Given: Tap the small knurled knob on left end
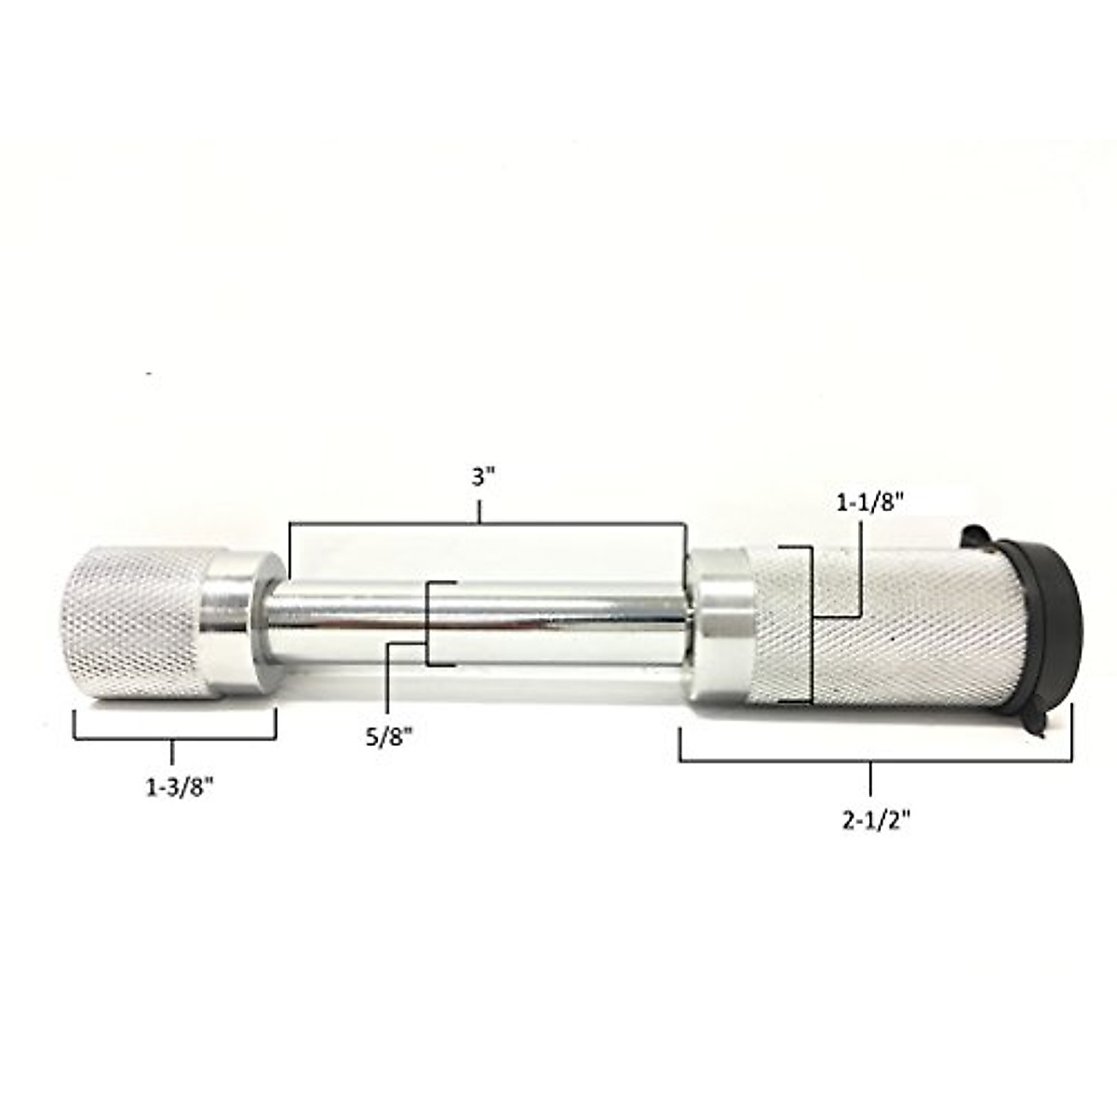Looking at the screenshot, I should click(135, 624).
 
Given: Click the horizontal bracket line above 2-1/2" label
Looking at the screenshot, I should click(875, 761).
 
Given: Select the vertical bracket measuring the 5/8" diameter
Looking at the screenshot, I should click(427, 624).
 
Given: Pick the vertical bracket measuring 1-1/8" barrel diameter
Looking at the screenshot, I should click(813, 624).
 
